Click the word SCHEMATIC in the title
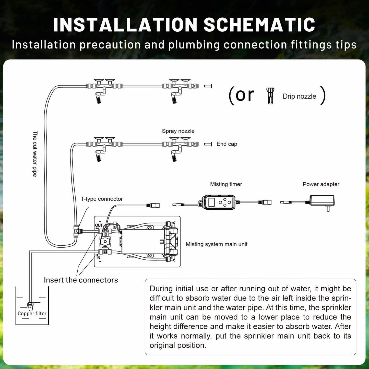259,25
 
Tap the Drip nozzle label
299,96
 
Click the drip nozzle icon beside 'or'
270,96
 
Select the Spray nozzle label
178,131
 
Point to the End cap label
227,144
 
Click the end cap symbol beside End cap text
208,144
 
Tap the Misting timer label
226,184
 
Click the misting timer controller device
218,202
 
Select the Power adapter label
321,184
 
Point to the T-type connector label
102,199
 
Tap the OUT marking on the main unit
99,225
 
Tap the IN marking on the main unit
98,258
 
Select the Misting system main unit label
216,244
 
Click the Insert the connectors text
81,280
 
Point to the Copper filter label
32,314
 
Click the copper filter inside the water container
30,305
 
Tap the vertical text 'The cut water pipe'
35,154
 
